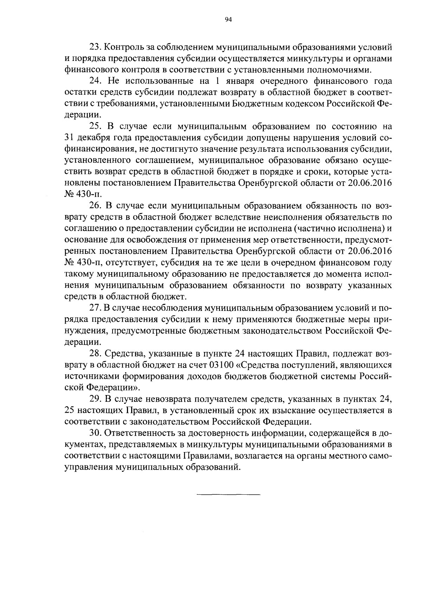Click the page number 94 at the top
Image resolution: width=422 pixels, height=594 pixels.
pos(228,20)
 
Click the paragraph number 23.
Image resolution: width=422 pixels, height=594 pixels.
pos(96,47)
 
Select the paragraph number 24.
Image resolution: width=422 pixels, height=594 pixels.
pos(96,81)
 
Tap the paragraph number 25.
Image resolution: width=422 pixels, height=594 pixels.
pos(96,127)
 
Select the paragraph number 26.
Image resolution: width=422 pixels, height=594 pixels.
pos(96,206)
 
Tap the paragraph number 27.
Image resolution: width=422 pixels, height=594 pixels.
pos(96,308)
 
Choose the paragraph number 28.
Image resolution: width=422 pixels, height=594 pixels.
pos(96,354)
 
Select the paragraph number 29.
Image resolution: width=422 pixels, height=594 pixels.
pos(96,399)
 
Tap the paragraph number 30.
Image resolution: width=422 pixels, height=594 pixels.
pos(96,433)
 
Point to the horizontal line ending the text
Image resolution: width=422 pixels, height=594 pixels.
pos(228,495)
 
